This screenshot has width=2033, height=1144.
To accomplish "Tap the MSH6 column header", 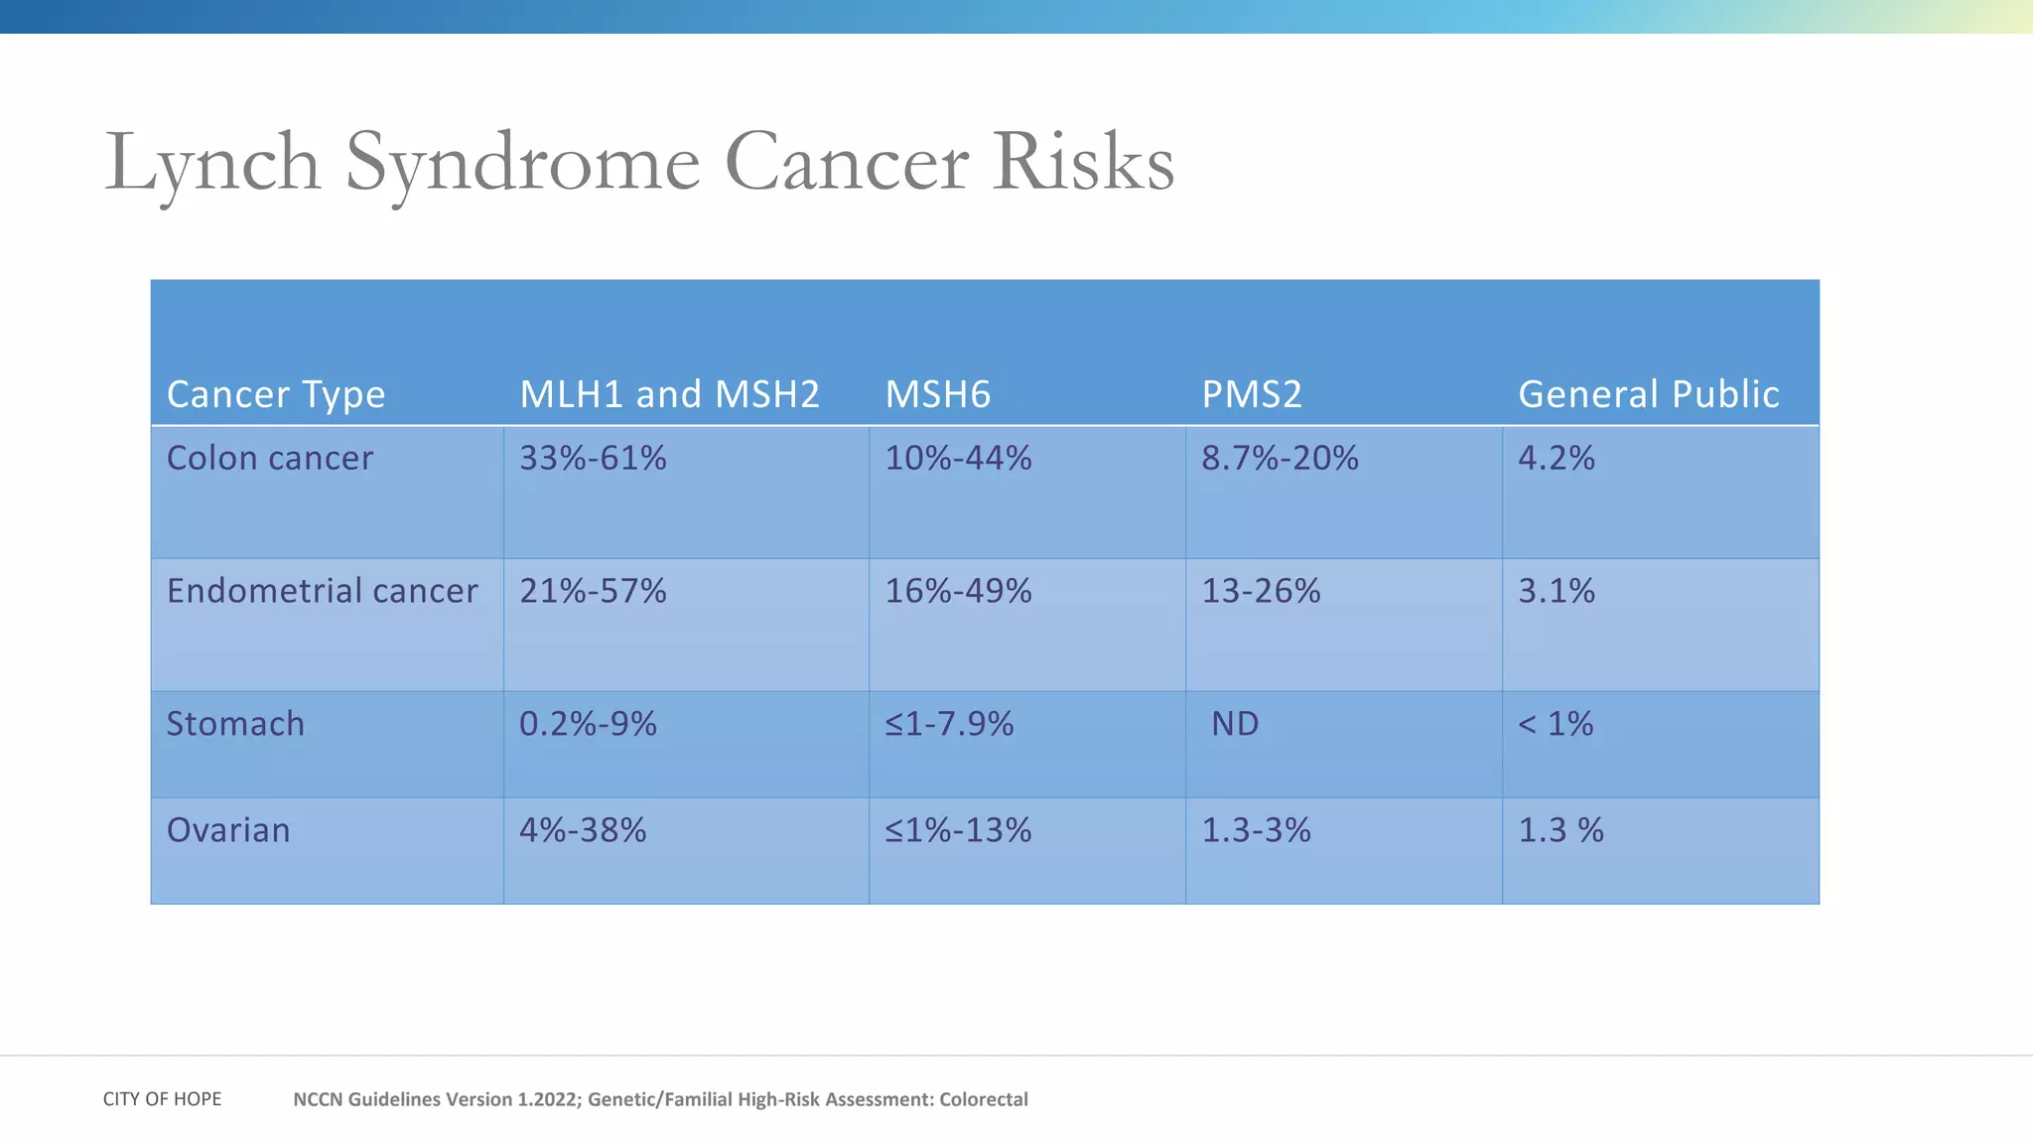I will [937, 395].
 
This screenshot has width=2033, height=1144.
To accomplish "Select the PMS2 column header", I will [1251, 395].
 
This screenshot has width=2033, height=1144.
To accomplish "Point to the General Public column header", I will [1648, 395].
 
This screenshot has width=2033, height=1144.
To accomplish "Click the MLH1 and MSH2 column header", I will [669, 395].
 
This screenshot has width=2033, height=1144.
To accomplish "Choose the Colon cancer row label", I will [269, 459].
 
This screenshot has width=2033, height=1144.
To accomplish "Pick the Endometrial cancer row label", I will [322, 592].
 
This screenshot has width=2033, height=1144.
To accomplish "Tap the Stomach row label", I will [235, 725].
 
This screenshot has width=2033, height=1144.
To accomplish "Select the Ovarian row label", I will [228, 831].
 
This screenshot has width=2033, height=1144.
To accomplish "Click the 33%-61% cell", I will [593, 459].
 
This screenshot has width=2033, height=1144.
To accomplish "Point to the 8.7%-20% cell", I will [1280, 459].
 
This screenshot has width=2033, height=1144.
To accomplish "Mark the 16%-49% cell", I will [958, 592].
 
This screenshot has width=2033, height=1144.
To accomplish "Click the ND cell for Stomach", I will [1234, 725].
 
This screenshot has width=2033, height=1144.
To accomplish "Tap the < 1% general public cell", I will [1556, 725].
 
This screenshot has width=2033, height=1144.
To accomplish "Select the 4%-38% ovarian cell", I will [583, 831].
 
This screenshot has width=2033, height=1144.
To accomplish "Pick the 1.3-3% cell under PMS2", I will [1256, 831].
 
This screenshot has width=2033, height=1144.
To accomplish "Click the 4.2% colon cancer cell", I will [1556, 459].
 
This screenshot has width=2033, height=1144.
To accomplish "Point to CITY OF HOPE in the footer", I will [162, 1099].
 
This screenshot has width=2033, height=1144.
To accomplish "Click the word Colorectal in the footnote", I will [983, 1099].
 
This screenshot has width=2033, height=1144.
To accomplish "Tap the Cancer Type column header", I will [275, 395].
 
